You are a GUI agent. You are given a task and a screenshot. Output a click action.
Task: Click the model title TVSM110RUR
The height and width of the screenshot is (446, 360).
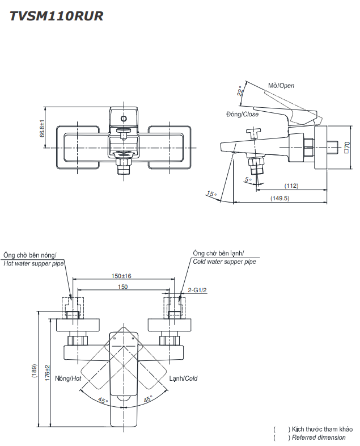[55, 16]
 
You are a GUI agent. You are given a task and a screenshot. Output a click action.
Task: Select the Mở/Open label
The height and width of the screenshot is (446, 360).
[281, 86]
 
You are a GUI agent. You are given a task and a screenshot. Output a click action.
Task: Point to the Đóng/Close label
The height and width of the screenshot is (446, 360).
[242, 114]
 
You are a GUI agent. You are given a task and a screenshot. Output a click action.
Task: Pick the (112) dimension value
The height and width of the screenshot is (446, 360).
[291, 186]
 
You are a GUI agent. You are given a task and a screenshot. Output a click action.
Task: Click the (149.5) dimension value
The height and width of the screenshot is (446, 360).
[280, 198]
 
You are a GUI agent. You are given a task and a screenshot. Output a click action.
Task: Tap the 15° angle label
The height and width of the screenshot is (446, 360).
[211, 194]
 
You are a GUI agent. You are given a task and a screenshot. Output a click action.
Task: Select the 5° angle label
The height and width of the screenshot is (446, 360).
[247, 180]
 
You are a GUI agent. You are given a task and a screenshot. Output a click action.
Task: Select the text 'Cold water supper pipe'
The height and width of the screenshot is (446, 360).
[225, 262]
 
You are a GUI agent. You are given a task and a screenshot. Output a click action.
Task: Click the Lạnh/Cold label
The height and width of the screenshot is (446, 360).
[183, 378]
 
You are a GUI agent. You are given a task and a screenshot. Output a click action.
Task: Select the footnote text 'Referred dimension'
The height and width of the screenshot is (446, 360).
[319, 437]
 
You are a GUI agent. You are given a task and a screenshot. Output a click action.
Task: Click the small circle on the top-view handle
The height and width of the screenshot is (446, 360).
[123, 119]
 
